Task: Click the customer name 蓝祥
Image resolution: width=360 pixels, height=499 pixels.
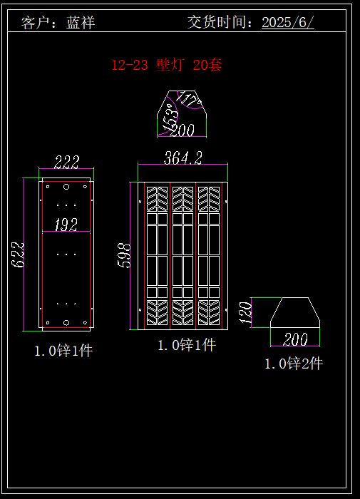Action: (x=81, y=23)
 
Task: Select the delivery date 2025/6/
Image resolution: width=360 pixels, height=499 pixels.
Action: (x=288, y=22)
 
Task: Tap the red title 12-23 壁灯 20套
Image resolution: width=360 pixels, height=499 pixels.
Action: (x=167, y=66)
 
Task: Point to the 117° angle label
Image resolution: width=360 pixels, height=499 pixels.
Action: (x=189, y=98)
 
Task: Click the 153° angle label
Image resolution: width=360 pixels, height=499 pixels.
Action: (x=170, y=118)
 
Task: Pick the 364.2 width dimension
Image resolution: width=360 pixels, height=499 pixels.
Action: (x=183, y=158)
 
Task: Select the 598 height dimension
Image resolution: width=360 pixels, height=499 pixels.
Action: (x=124, y=255)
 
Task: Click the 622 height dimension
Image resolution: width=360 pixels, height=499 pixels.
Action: (x=18, y=254)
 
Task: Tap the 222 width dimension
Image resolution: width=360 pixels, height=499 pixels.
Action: (x=66, y=162)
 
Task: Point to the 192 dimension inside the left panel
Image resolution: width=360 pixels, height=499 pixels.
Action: (x=66, y=225)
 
